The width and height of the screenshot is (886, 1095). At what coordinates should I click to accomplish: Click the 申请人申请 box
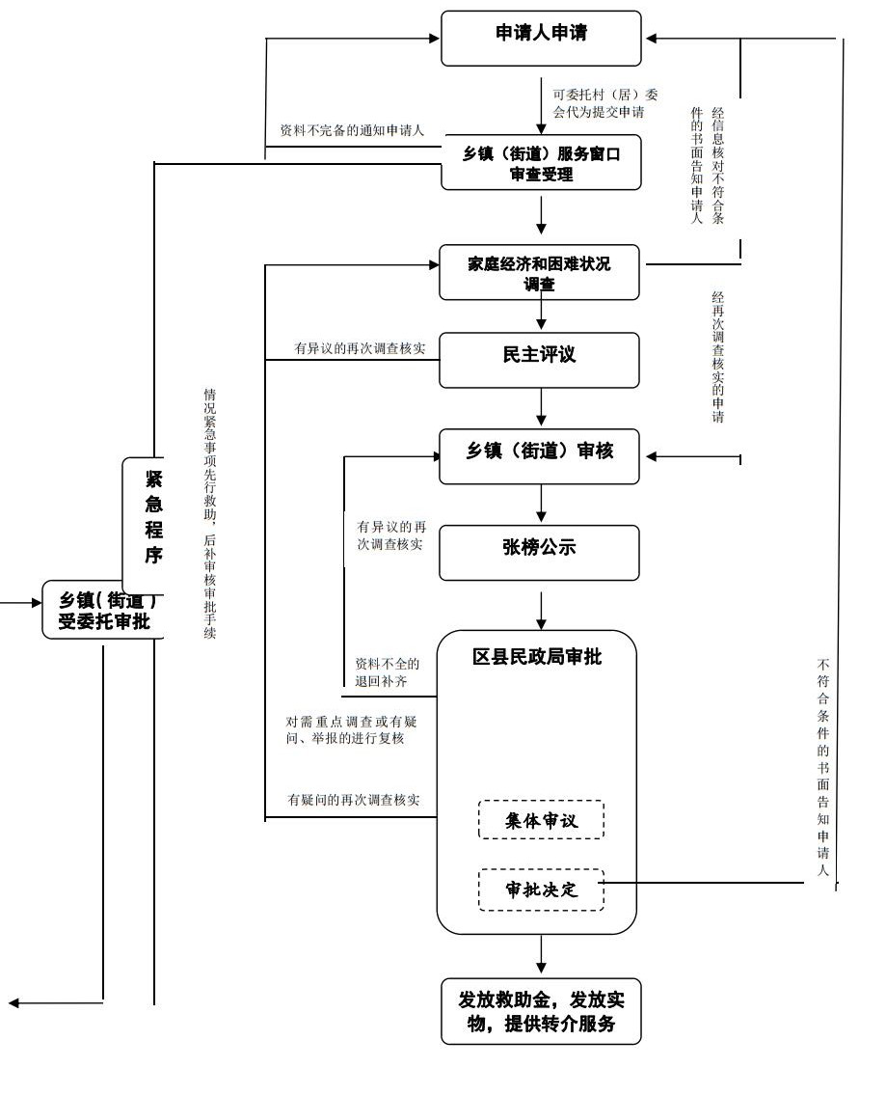tap(541, 38)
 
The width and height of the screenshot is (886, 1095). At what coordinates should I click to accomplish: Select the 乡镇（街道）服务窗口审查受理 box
tap(541, 163)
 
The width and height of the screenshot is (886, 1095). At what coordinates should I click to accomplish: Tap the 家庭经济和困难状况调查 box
tap(540, 272)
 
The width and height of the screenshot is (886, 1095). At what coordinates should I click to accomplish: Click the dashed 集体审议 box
tap(541, 820)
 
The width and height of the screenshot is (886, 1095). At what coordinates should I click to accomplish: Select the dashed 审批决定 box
tap(541, 890)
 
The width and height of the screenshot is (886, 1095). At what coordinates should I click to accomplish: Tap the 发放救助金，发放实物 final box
tap(541, 1011)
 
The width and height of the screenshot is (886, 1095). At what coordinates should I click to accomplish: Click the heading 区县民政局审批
tap(537, 658)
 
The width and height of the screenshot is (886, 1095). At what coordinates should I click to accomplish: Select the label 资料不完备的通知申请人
tap(352, 130)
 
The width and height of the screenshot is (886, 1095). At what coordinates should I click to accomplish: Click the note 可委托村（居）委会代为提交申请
tap(599, 103)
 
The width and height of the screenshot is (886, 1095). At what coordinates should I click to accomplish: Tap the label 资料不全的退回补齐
tap(388, 672)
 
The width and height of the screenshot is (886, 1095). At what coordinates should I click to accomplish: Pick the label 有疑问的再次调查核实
tap(354, 800)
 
